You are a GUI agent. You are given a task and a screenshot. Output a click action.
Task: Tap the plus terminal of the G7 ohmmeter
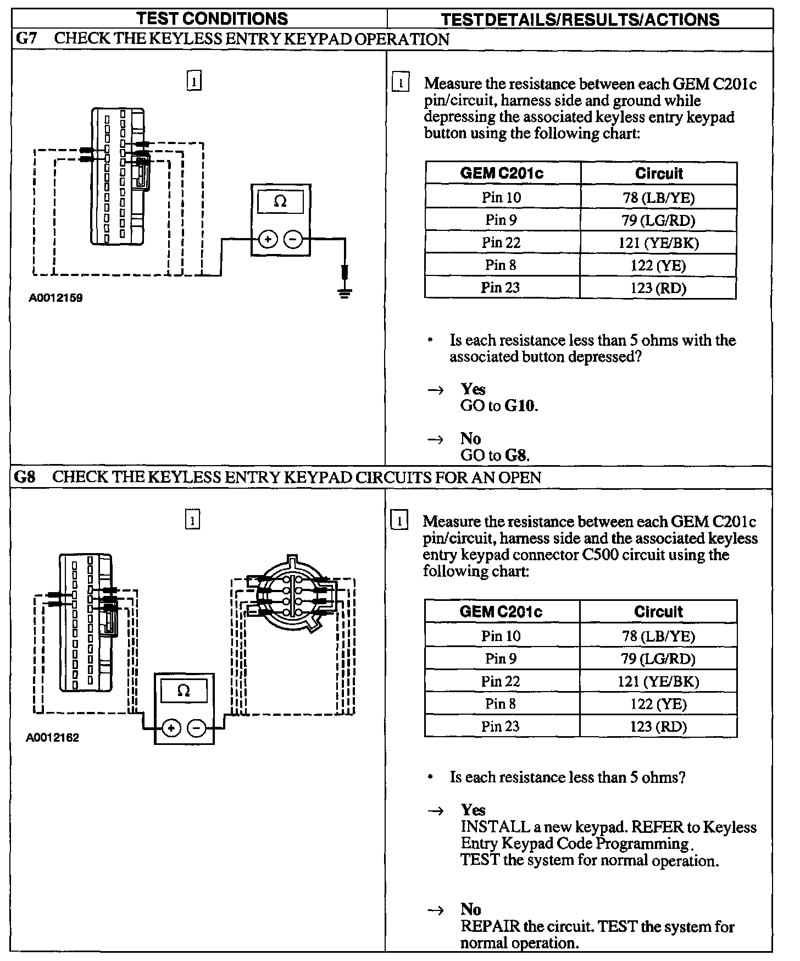(x=268, y=240)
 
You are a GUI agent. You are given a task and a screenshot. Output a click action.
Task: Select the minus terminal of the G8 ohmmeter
(x=197, y=728)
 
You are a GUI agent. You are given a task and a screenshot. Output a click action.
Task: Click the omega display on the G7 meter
(x=280, y=202)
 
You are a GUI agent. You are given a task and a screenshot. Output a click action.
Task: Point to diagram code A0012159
(x=56, y=299)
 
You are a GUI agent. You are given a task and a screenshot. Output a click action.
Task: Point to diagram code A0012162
(x=53, y=738)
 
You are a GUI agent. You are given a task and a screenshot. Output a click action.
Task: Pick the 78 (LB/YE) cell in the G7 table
(x=658, y=197)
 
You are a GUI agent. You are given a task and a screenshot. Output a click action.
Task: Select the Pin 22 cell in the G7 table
(x=501, y=242)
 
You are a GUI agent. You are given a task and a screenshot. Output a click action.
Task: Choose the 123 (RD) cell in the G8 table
(x=658, y=726)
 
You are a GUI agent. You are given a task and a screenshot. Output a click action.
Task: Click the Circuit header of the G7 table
(x=658, y=174)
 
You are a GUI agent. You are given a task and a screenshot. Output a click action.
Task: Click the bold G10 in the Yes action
(x=520, y=406)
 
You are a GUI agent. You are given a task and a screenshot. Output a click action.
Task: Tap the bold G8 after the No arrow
(x=516, y=455)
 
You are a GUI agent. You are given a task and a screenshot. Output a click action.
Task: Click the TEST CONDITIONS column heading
(x=212, y=19)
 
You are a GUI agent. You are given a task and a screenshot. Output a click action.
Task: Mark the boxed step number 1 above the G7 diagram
(x=194, y=81)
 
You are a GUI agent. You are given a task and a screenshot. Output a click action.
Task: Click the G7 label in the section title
(x=26, y=40)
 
